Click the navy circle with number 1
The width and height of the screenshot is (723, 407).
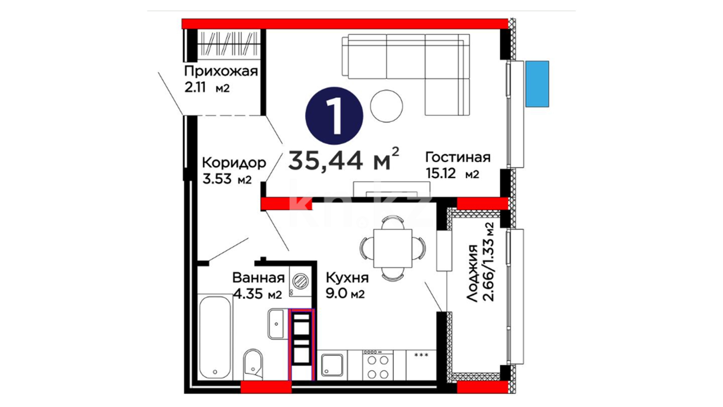click(334, 116)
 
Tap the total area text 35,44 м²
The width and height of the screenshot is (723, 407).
click(343, 159)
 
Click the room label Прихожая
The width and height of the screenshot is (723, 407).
click(221, 71)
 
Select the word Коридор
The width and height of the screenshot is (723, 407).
click(234, 163)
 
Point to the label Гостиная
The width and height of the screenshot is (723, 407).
click(458, 157)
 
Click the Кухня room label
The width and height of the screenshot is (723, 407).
click(347, 278)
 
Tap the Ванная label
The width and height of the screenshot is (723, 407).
click(258, 278)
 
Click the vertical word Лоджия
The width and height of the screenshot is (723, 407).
click(472, 273)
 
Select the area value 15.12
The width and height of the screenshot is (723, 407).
click(441, 173)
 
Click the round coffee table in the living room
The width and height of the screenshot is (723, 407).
click(386, 106)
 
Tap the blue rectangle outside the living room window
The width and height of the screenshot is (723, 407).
click(537, 84)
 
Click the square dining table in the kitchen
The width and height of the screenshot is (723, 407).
click(393, 248)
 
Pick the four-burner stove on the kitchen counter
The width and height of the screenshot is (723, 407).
click(378, 365)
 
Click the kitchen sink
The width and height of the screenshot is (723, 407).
click(332, 365)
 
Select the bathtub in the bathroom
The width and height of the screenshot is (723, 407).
click(215, 337)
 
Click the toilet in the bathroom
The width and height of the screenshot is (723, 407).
click(253, 365)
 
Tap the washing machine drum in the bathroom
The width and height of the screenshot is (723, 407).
click(300, 280)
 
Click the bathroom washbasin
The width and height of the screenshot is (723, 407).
click(276, 324)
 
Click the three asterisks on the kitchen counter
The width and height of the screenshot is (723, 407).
click(421, 355)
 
